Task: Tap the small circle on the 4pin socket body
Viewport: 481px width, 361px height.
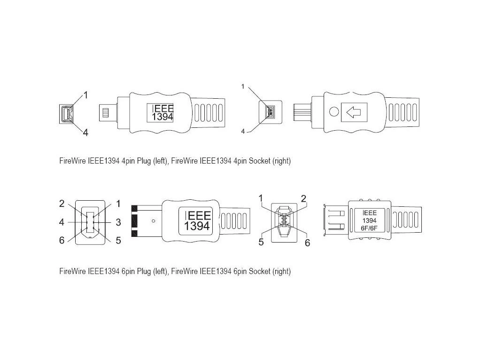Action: (334, 112)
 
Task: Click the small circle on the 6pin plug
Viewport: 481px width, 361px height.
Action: (153, 220)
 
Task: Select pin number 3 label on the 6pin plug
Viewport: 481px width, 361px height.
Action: (118, 222)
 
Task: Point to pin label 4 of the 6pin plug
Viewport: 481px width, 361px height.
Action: (62, 222)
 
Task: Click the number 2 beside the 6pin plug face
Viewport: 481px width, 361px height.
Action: (62, 204)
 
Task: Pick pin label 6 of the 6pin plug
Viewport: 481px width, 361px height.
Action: (62, 240)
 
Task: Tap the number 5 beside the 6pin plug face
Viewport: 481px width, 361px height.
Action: (118, 240)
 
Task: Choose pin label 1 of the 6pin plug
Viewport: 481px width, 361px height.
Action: (118, 204)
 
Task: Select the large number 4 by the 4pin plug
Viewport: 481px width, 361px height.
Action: (85, 133)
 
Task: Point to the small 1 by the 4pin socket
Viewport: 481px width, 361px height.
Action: (243, 86)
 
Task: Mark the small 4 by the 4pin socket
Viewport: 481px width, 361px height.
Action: (243, 132)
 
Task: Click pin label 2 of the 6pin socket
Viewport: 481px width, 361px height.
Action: (303, 198)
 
